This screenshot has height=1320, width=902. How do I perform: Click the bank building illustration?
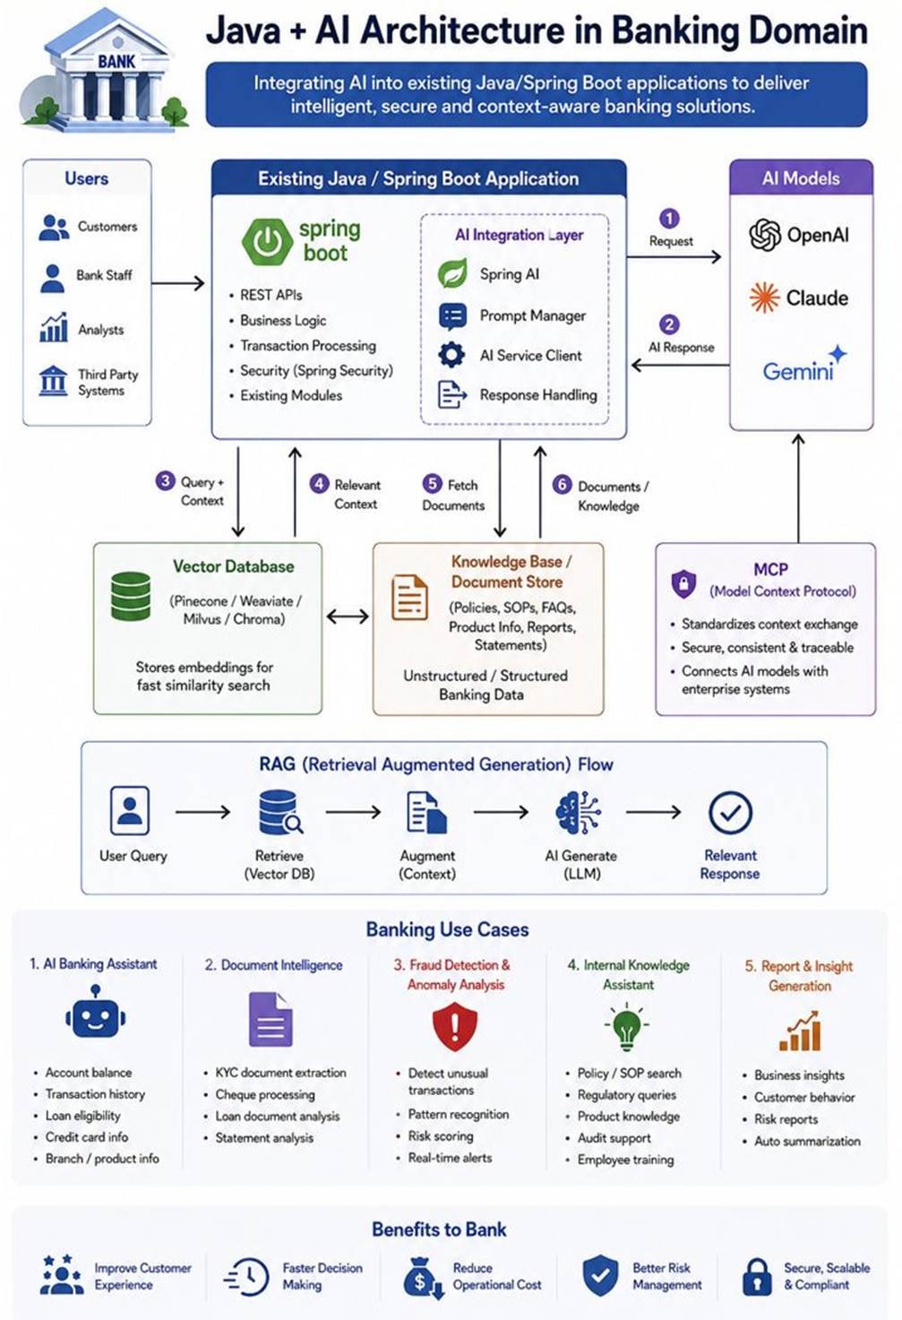pyautogui.click(x=104, y=71)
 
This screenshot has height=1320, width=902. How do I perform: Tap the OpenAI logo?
pyautogui.click(x=765, y=235)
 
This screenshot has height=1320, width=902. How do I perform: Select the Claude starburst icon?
pyautogui.click(x=764, y=298)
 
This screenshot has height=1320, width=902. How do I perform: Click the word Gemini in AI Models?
pyautogui.click(x=798, y=371)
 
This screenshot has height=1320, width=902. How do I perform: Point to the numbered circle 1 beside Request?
pyautogui.click(x=669, y=219)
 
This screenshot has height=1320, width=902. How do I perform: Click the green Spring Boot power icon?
pyautogui.click(x=267, y=242)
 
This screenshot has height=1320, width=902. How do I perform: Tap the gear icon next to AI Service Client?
pyautogui.click(x=451, y=355)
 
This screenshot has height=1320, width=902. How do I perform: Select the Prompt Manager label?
pyautogui.click(x=533, y=315)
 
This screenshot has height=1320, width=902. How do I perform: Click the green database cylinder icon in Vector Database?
pyautogui.click(x=131, y=596)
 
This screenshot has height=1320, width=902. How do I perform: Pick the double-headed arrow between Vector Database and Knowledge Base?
pyautogui.click(x=348, y=617)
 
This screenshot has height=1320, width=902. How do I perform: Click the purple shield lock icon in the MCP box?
pyautogui.click(x=683, y=583)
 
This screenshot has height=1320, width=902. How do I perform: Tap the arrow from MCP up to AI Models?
pyautogui.click(x=798, y=488)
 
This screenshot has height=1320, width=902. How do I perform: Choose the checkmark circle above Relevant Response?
pyautogui.click(x=730, y=813)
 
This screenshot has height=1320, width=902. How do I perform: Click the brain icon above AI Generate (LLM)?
pyautogui.click(x=579, y=812)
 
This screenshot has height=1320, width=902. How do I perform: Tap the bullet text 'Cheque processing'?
pyautogui.click(x=265, y=1095)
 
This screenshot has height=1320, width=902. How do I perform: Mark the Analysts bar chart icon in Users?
pyautogui.click(x=54, y=327)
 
